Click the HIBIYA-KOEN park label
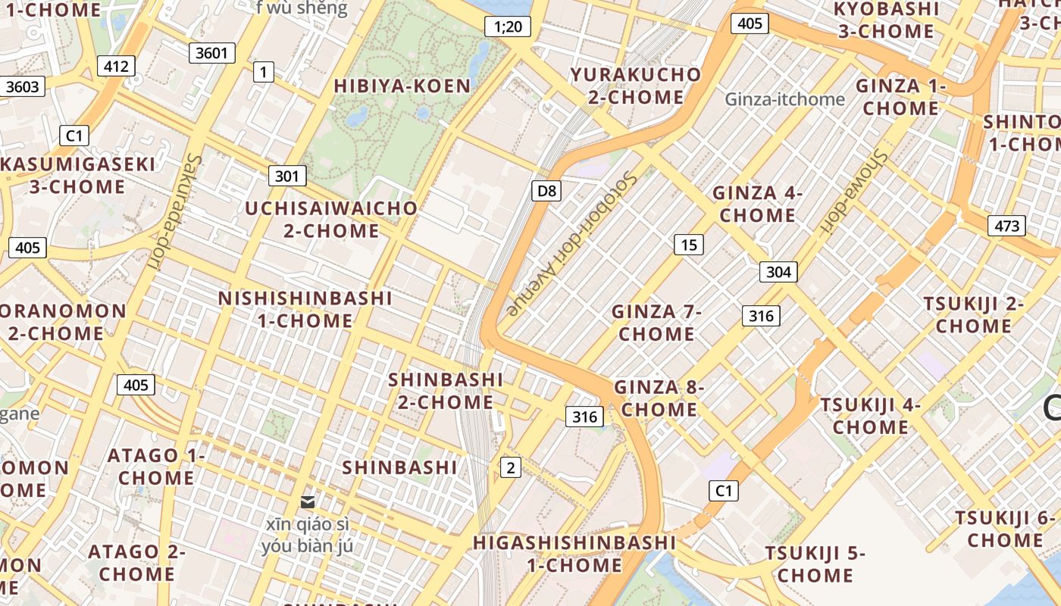[x=402, y=86]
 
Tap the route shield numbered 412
[x=116, y=66]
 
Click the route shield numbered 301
[x=286, y=176]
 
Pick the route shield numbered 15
[x=688, y=245]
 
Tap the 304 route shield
[x=778, y=272]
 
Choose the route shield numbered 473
[x=1006, y=226]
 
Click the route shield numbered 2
[x=511, y=467]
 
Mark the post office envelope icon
[x=308, y=502]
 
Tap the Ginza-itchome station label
[x=784, y=99]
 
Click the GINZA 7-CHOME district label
[x=656, y=323]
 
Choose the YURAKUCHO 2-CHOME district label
[x=637, y=86]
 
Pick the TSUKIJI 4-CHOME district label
[x=870, y=416]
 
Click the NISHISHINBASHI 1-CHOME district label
[x=305, y=309]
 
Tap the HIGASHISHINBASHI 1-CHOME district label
[x=574, y=554]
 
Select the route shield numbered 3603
[x=23, y=86]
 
